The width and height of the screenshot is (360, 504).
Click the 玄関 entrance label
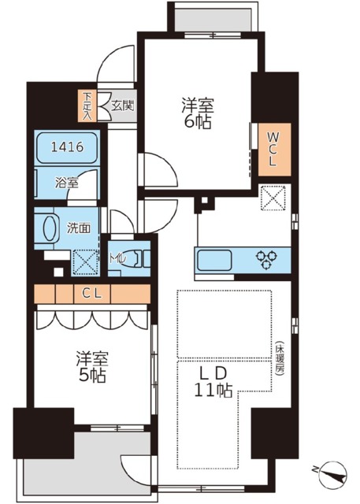pyautogui.click(x=122, y=104)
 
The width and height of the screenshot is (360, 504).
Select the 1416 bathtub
pyautogui.click(x=67, y=147)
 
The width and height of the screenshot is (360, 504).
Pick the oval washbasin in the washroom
pyautogui.click(x=48, y=228)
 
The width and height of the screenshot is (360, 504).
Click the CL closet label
pyautogui.click(x=92, y=294)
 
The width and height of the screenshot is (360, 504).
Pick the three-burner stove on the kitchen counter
pyautogui.click(x=265, y=257)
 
